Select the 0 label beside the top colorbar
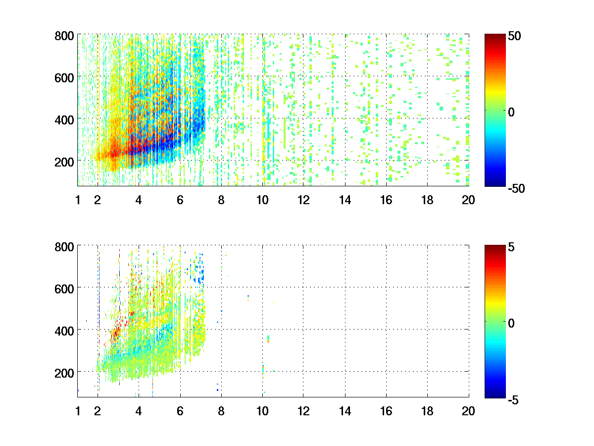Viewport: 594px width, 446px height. coord(511,112)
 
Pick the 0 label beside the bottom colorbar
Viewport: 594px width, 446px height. coord(511,323)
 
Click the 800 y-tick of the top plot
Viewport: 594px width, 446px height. coord(64,36)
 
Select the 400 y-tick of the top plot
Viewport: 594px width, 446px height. coord(64,119)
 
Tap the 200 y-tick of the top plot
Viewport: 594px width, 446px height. coord(64,162)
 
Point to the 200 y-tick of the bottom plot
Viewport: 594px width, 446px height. coord(64,372)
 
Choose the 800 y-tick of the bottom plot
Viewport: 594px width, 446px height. coord(64,246)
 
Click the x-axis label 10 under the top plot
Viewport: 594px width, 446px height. coord(262,200)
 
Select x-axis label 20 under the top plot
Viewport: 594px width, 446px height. coord(468,200)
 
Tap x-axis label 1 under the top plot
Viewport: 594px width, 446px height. coord(78,200)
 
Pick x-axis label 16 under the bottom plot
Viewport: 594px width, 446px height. coord(386,411)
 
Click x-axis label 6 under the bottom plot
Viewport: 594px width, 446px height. coord(180,411)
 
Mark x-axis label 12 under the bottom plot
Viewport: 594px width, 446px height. coord(303,411)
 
